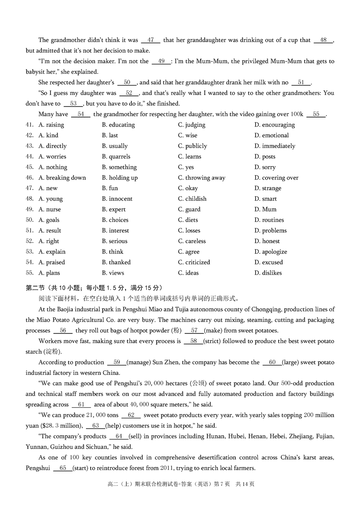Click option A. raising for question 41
pos(51,125)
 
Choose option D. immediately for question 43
pos(274,146)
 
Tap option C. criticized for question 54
pos(194,262)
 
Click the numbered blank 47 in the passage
pos(150,40)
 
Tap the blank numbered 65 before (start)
pos(63,468)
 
